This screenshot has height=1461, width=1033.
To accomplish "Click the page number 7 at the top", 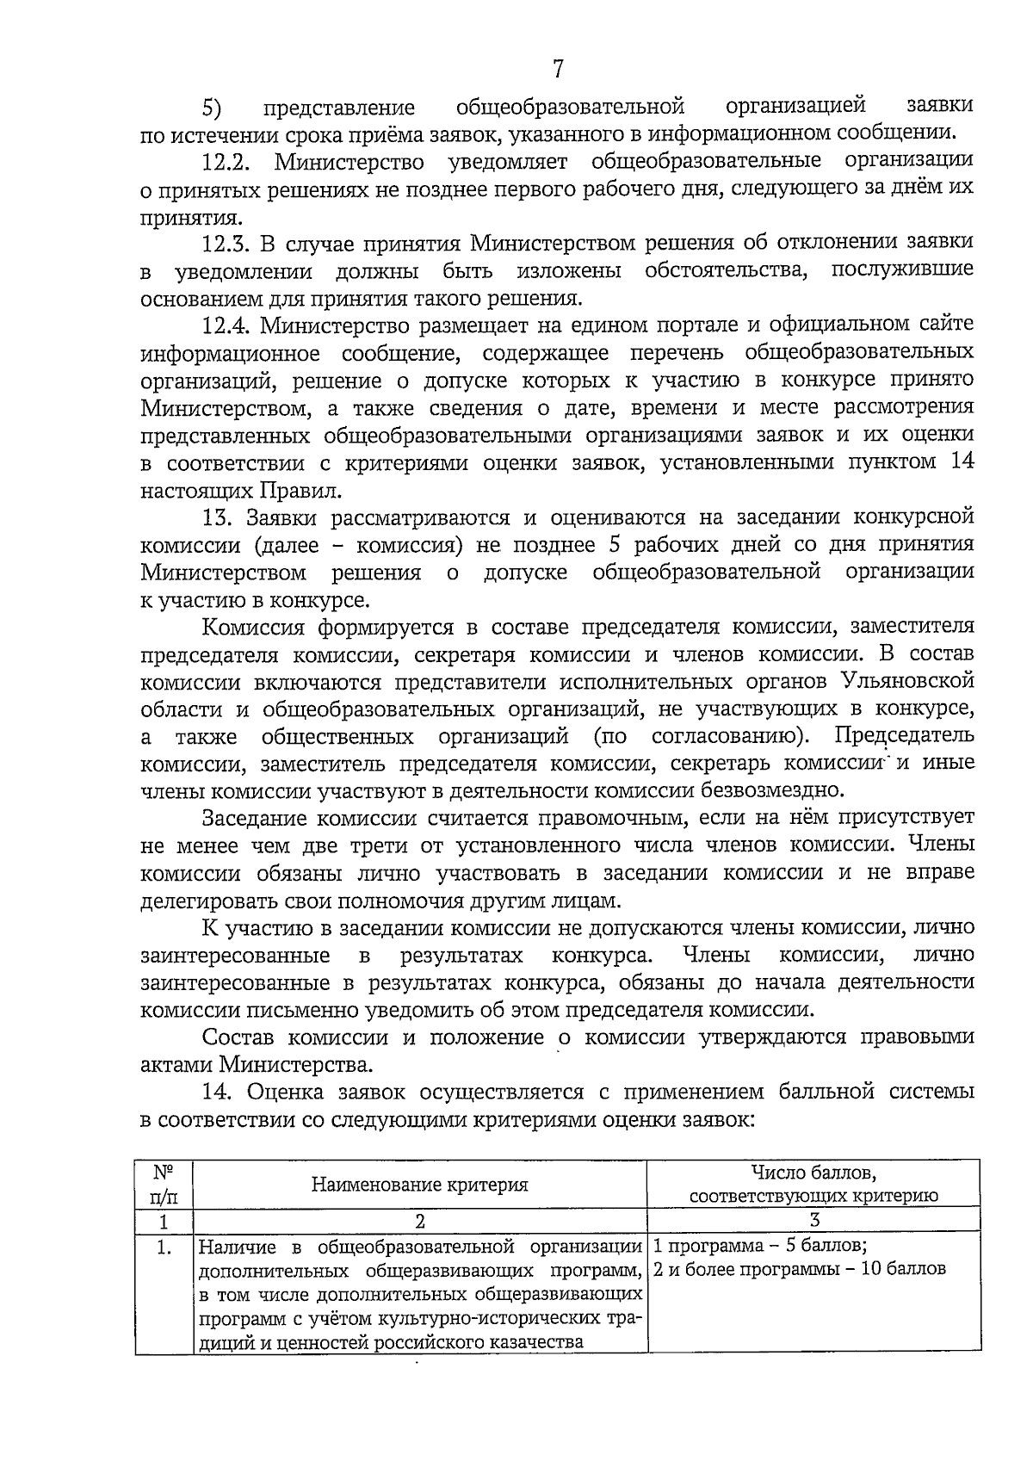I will (x=558, y=69).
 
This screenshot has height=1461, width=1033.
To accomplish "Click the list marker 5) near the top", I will (x=212, y=108).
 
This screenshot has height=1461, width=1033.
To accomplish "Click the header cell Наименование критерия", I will (x=419, y=1185).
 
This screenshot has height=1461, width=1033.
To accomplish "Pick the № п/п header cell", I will (x=163, y=1185).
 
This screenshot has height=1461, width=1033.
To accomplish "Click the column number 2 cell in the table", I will (x=419, y=1221).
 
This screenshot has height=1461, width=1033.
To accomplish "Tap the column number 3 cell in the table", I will (x=814, y=1221).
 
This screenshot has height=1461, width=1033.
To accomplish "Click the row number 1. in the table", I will (x=163, y=1247).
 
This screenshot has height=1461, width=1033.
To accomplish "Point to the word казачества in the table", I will (x=537, y=1341).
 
